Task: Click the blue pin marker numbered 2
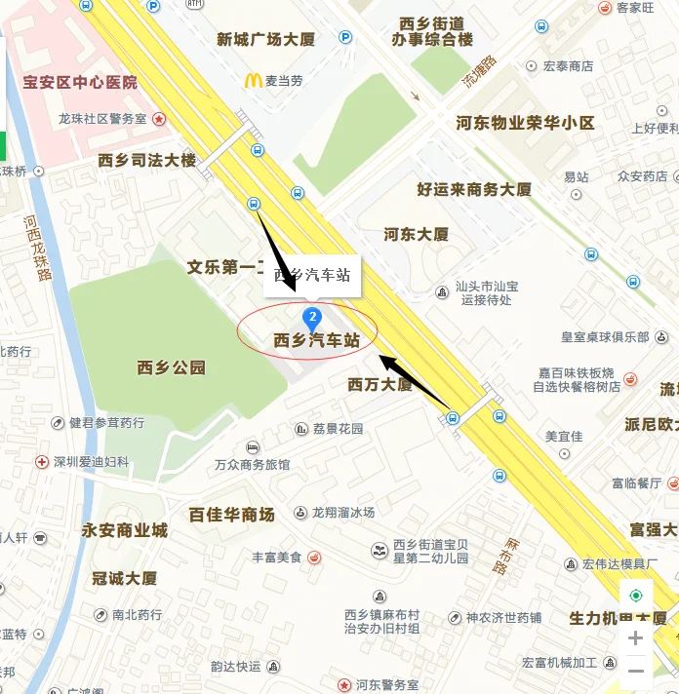[312, 317]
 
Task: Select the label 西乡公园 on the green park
[172, 367]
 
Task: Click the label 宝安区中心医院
[81, 83]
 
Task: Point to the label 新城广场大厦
[265, 40]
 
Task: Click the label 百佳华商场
[231, 514]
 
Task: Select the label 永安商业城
[124, 530]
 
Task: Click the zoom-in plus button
[635, 638]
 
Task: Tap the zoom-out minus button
[635, 671]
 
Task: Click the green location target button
[636, 596]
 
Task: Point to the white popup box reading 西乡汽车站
[312, 276]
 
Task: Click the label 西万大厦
[379, 385]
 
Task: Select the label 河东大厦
[416, 235]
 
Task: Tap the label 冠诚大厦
[124, 578]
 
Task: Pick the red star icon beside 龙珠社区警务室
[159, 119]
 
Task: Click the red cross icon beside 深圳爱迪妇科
[42, 462]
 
